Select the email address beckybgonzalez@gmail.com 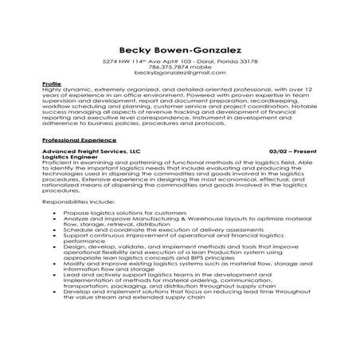(179, 74)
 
